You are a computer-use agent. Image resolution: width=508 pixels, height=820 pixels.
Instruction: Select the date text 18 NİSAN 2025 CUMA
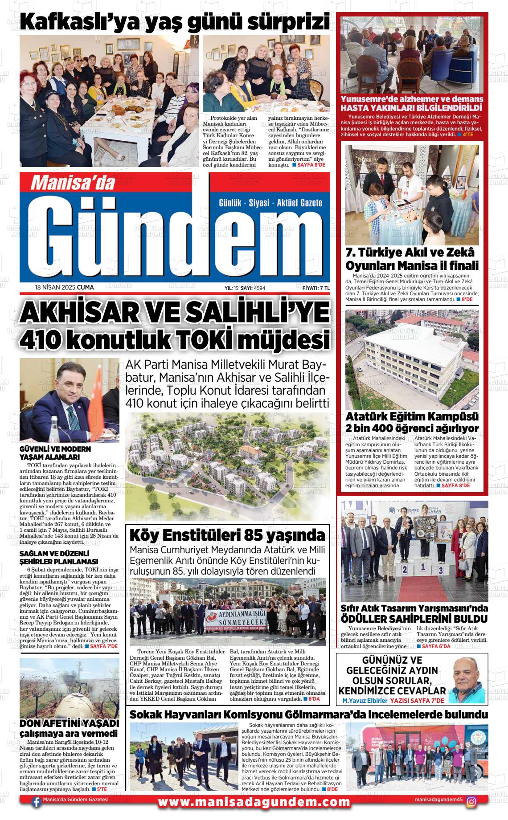(x=64, y=288)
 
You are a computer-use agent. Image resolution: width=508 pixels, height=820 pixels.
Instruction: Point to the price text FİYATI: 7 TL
(x=315, y=288)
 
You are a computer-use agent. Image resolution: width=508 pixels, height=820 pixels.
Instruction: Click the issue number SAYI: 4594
(x=253, y=288)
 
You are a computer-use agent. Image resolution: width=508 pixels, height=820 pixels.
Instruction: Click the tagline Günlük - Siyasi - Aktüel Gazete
(x=270, y=203)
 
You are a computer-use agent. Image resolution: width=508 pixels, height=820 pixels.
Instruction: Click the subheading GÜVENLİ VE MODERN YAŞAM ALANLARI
(x=55, y=453)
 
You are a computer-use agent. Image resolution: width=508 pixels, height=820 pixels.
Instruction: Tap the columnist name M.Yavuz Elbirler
(x=364, y=701)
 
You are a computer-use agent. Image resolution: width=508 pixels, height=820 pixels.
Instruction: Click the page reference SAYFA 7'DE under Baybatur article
(x=104, y=646)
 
